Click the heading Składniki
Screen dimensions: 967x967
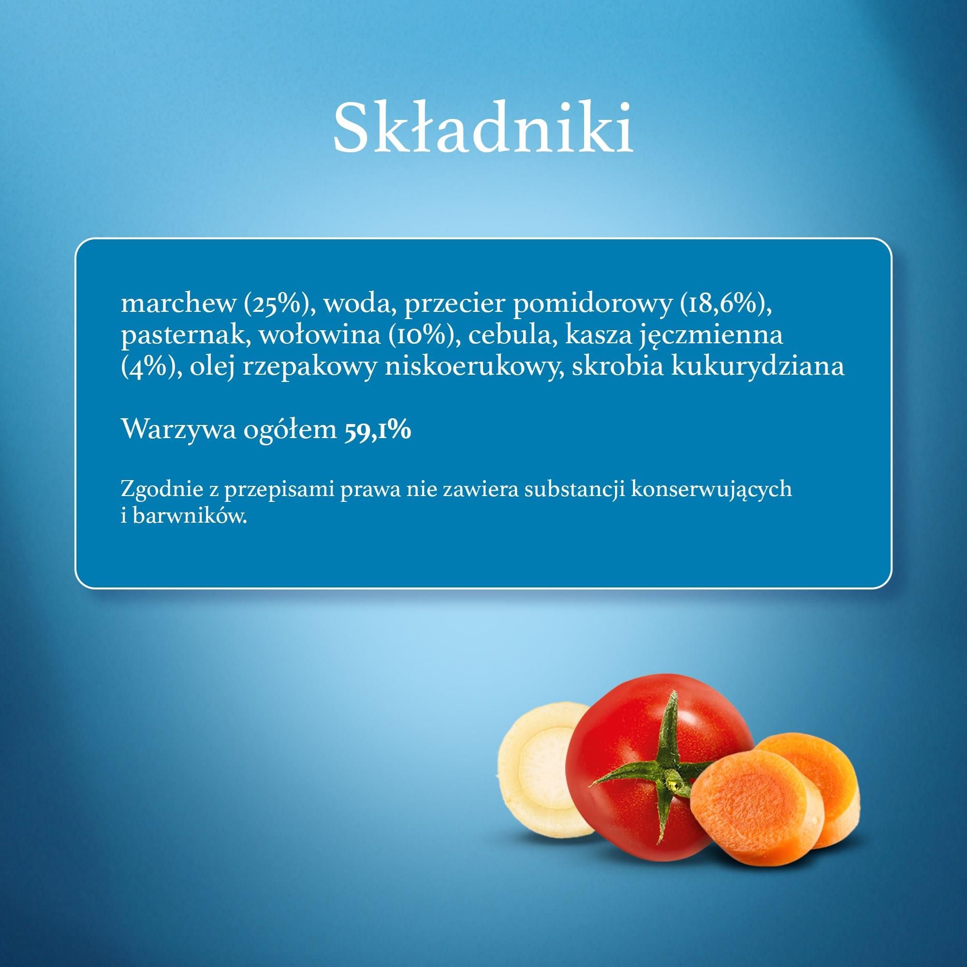click(x=483, y=128)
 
